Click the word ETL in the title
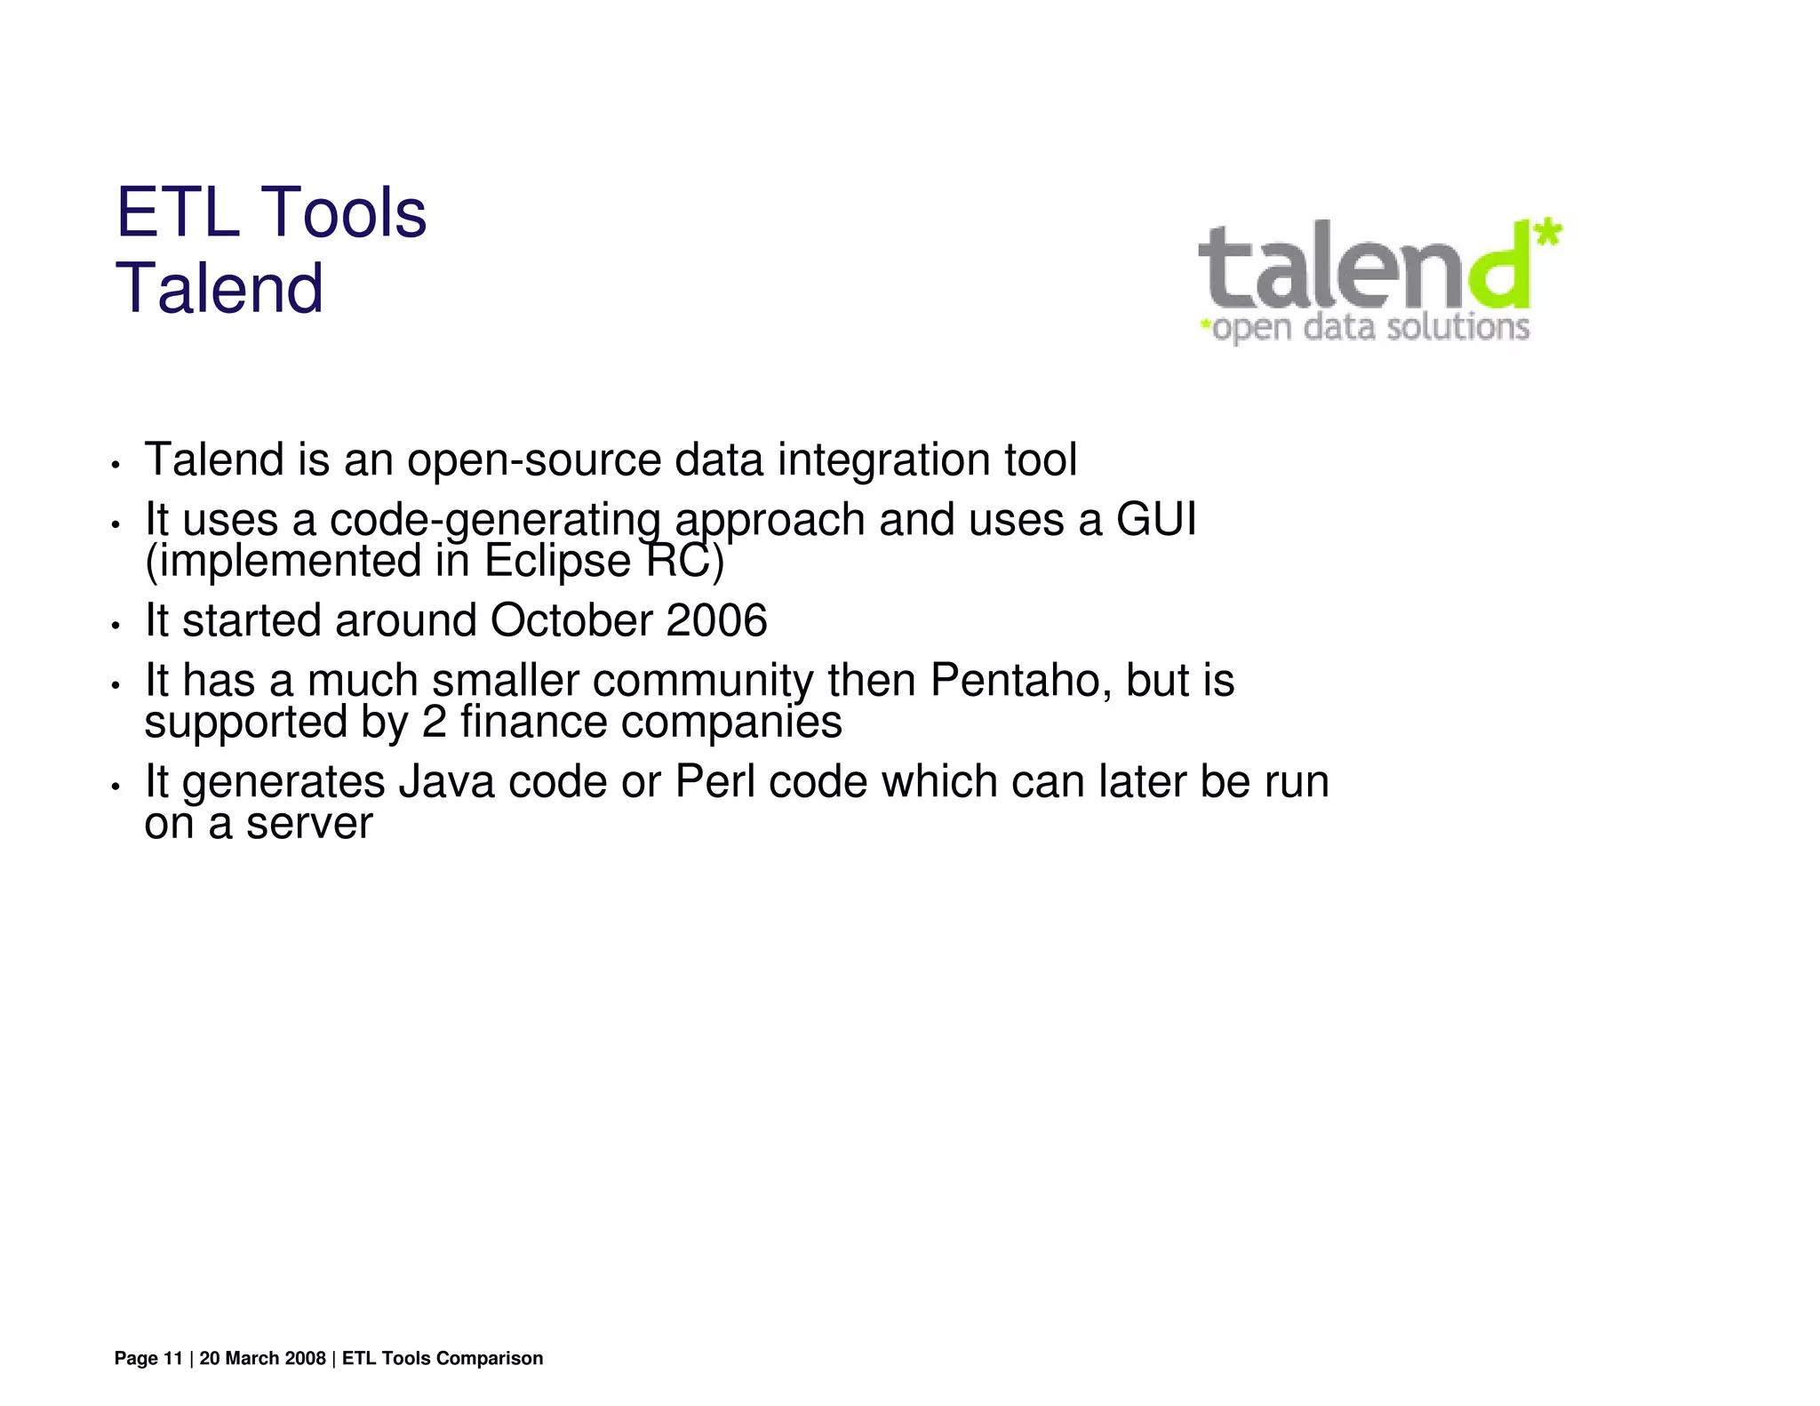[178, 213]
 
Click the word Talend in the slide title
[220, 289]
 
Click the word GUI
[1156, 519]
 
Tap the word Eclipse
[557, 562]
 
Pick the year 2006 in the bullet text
[716, 620]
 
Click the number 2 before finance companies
[434, 722]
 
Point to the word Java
[446, 782]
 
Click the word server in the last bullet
[309, 824]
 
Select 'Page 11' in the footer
[148, 1358]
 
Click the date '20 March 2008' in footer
[262, 1358]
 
